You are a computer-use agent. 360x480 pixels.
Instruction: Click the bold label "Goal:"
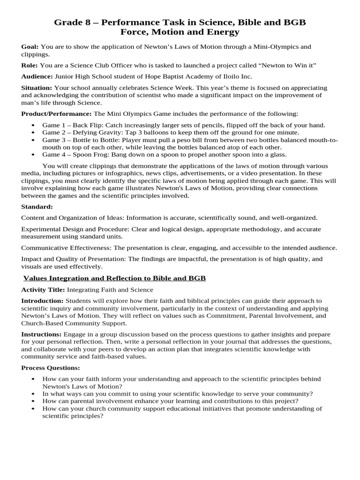click(30, 47)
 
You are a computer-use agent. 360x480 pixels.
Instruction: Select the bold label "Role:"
click(30, 65)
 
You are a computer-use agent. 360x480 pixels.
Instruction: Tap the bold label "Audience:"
click(37, 76)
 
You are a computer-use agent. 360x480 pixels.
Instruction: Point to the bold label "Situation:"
click(37, 88)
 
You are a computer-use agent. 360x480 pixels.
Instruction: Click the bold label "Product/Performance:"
click(57, 114)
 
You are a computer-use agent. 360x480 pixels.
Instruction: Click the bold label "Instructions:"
click(42, 334)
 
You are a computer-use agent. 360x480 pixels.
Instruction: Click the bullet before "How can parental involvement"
click(32, 401)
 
